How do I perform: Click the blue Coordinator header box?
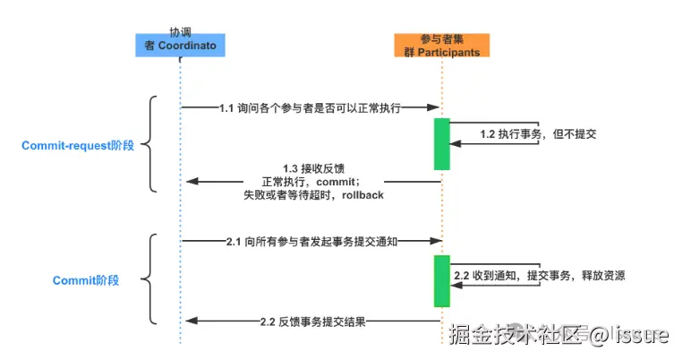point(180,45)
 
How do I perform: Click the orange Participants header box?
point(441,46)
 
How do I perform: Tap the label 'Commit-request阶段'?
point(79,144)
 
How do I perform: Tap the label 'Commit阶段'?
point(86,280)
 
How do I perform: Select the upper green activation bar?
point(441,143)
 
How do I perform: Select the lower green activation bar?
point(441,280)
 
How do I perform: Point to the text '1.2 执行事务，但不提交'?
point(538,133)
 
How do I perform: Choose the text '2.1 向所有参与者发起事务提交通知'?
point(311,241)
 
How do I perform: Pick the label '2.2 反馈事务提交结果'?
point(311,321)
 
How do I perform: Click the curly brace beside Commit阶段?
point(151,279)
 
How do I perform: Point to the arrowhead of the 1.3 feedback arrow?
point(190,182)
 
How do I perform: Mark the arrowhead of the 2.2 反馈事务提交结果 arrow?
point(190,321)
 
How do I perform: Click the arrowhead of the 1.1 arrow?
point(436,107)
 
